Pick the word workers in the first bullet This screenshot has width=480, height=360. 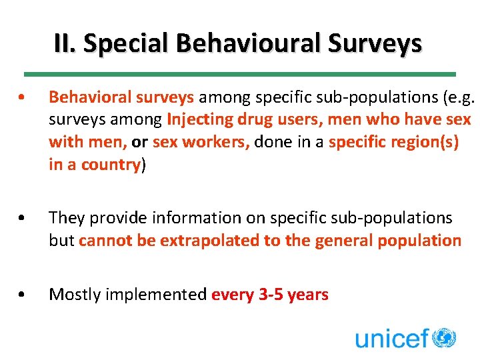[x=215, y=142]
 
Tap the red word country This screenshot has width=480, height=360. [x=111, y=165]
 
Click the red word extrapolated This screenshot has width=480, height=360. [x=199, y=240]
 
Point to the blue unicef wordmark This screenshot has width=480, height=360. [x=392, y=338]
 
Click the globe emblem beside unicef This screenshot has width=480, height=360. [x=444, y=337]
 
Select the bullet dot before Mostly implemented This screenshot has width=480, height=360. [x=23, y=294]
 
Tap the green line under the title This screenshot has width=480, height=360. [x=240, y=73]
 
